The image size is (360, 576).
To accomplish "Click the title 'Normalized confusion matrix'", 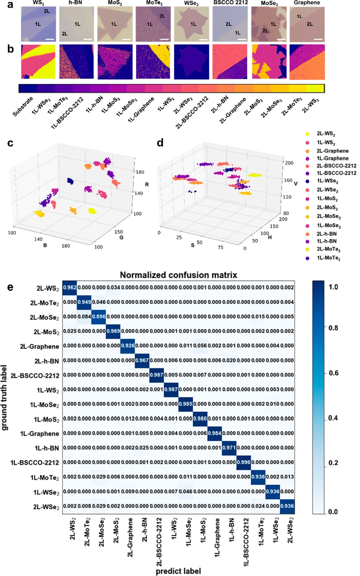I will point(178,275).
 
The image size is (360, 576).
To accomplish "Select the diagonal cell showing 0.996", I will point(243,462).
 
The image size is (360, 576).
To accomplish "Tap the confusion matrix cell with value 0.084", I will point(84,317).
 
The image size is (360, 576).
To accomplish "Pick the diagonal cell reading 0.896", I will point(99,317).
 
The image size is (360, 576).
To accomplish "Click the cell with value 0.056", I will point(200,345).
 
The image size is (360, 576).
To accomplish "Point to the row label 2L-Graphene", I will point(39,346).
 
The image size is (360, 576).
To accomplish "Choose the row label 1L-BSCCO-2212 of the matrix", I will point(35,463).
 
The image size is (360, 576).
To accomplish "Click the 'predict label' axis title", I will point(178,571).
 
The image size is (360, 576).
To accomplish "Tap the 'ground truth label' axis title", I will point(5,398).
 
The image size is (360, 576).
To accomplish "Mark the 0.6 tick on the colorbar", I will point(333,373).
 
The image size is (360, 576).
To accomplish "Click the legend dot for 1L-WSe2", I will point(307,181).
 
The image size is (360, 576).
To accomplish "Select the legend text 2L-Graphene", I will point(333,151).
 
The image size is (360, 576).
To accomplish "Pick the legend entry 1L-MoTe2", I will point(329,258).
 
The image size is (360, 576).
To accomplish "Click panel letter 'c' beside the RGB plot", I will point(10,143).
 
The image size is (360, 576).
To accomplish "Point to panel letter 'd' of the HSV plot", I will point(160,143).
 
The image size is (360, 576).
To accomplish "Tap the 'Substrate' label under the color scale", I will point(23,106).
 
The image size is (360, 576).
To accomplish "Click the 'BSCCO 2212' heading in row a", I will point(231,3).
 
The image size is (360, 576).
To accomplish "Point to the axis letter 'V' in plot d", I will point(296,184).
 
